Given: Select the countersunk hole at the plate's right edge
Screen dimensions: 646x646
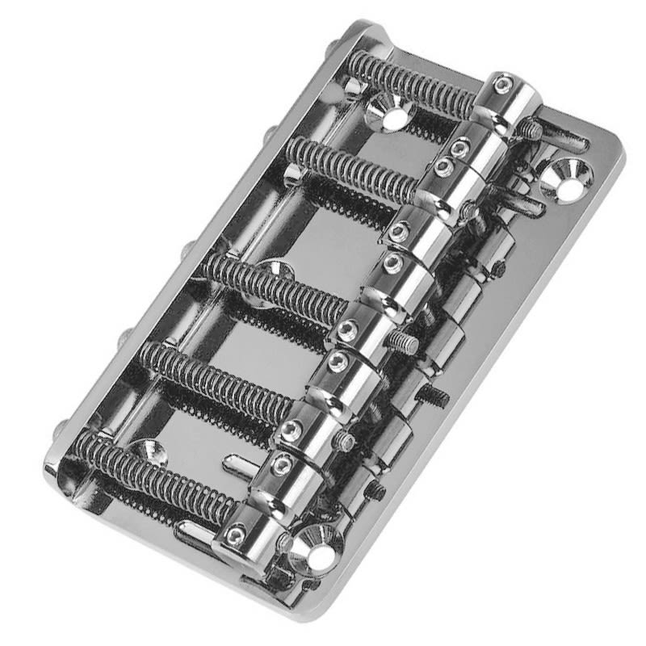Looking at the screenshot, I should [x=568, y=181].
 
